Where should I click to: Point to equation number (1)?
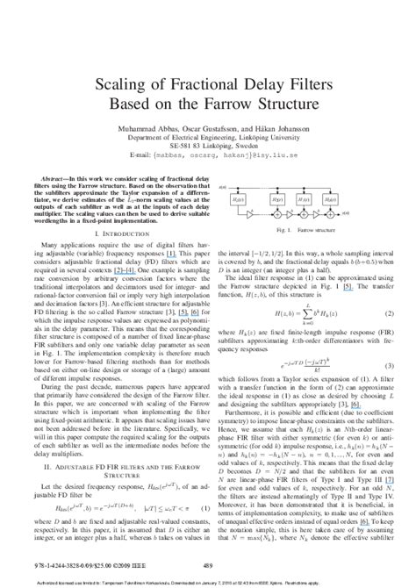201,508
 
